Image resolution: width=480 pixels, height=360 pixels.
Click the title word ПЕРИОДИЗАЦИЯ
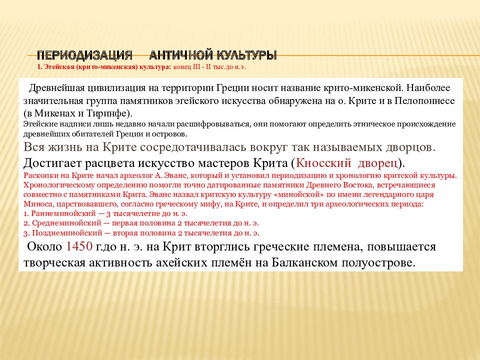pos(85,54)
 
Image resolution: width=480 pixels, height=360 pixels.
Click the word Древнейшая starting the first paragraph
pos(54,88)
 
